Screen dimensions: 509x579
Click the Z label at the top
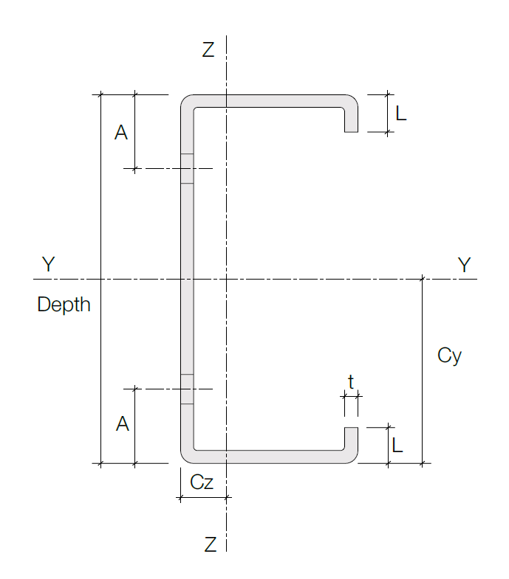208,49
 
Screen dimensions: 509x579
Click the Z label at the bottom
210,544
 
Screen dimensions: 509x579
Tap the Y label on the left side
49,264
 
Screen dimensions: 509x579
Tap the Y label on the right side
464,265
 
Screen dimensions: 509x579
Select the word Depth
64,305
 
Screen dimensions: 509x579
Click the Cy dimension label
449,356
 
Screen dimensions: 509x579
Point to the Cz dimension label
202,482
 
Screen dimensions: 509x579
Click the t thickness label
351,382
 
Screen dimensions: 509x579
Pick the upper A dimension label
121,133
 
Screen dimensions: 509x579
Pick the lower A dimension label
123,423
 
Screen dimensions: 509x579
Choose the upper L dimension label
401,113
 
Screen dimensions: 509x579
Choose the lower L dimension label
397,445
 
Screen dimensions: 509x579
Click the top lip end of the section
351,131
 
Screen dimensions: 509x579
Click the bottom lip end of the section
351,429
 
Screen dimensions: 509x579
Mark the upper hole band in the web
187,168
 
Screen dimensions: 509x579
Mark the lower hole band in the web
187,389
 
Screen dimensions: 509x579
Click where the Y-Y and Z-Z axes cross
226,279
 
